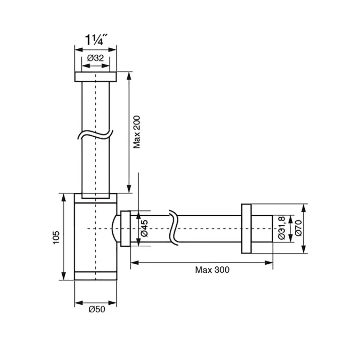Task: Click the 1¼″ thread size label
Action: (96, 40)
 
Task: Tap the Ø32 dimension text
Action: (96, 58)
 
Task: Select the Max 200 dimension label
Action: (137, 132)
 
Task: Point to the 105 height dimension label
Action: (56, 238)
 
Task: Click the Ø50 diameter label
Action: (97, 309)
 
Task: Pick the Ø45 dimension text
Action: (145, 228)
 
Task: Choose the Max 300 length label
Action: (212, 270)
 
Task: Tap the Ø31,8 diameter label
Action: (282, 228)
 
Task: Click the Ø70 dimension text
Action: (298, 228)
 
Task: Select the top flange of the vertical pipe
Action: (96, 77)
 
